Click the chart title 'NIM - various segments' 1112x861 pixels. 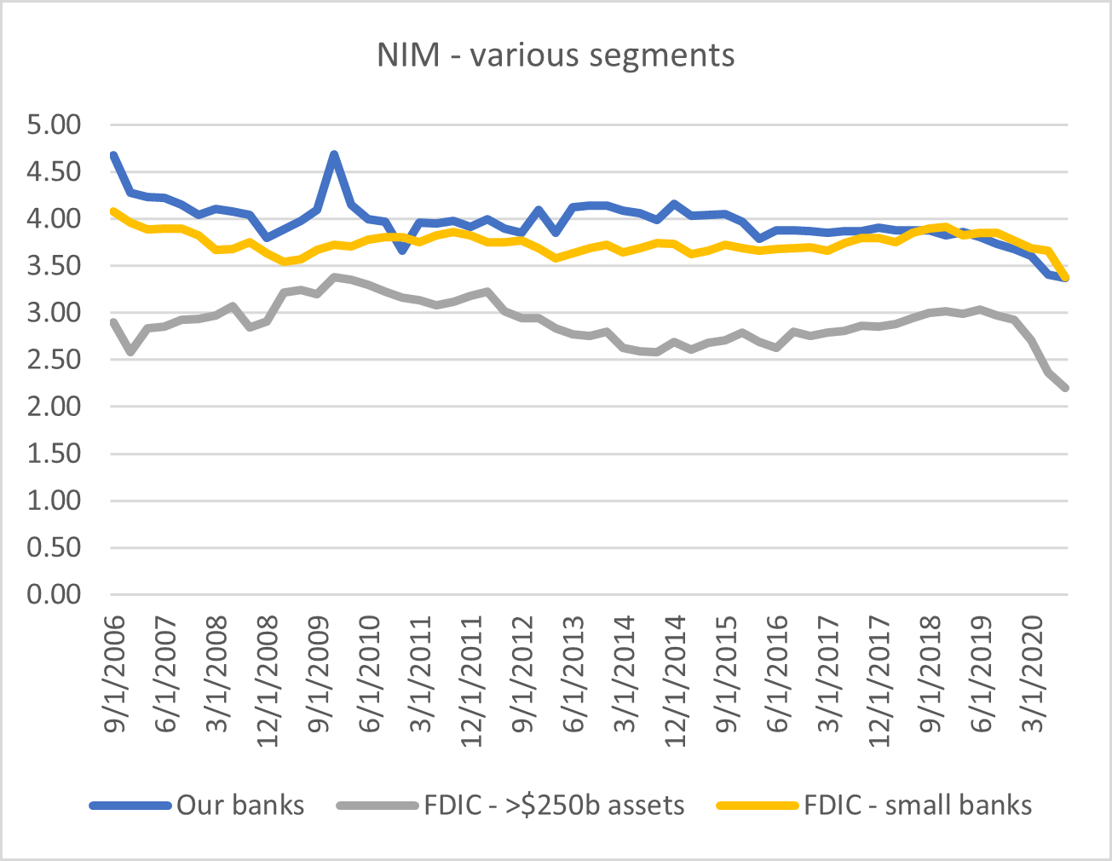pos(556,55)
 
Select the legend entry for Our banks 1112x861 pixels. pos(239,806)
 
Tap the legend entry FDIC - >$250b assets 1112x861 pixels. pos(554,806)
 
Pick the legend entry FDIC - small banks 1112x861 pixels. pos(917,806)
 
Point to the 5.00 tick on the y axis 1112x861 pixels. pos(54,125)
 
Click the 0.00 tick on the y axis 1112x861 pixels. pos(54,594)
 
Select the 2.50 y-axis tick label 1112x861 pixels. pos(54,360)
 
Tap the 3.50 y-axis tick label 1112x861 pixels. pos(54,266)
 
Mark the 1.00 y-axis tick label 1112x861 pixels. pos(54,500)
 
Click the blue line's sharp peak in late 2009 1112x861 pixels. pos(335,154)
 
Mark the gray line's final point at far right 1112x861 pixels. pos(1066,388)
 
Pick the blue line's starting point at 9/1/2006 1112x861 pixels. pos(113,155)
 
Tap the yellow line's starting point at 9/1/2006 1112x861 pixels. pos(113,211)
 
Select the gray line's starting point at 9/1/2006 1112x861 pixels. pos(113,322)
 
